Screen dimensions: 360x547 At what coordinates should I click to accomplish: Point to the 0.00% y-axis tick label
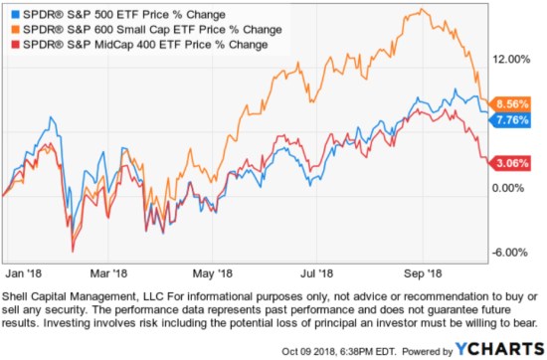click(x=514, y=187)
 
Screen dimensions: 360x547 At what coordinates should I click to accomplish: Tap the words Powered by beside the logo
click(x=427, y=349)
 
